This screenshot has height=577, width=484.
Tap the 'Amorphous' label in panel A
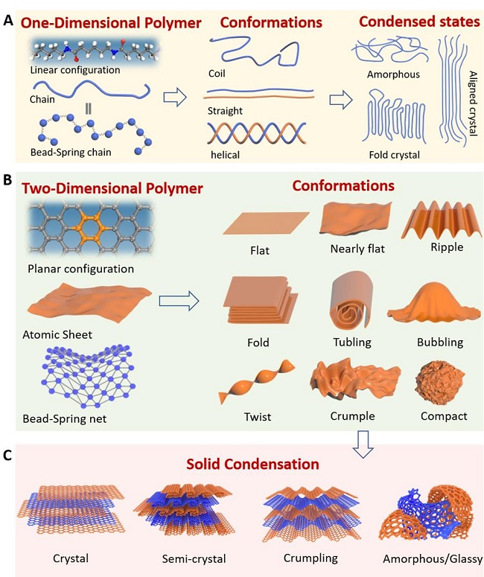tap(392, 75)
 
